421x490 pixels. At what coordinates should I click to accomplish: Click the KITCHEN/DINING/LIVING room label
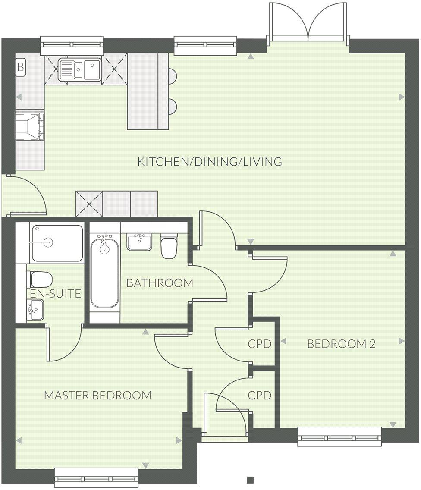(210, 162)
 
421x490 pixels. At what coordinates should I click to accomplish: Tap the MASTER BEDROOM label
(98, 395)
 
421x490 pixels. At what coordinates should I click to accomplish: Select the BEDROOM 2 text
(341, 344)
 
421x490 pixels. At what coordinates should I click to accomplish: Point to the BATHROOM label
(160, 283)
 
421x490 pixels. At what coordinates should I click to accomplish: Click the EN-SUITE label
(56, 294)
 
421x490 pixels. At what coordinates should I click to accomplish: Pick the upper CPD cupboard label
(260, 344)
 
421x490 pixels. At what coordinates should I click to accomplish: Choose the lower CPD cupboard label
(260, 395)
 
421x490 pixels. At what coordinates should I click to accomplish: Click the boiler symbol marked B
(20, 67)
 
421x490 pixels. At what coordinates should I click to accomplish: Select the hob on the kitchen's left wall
(29, 126)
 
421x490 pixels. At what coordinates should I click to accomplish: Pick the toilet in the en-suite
(40, 280)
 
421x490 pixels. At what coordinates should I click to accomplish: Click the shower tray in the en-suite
(57, 243)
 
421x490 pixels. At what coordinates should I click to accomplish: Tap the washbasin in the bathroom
(139, 242)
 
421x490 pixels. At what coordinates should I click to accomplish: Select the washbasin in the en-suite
(35, 310)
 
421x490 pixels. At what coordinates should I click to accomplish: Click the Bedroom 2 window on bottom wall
(339, 437)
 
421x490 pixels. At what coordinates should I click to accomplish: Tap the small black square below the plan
(250, 480)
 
